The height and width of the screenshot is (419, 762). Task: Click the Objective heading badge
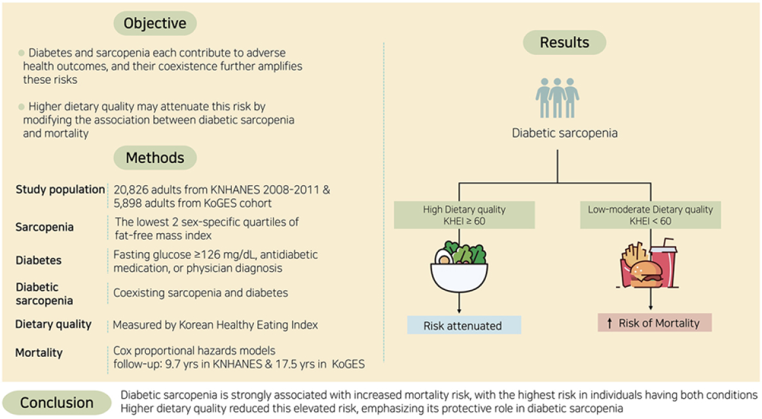pyautogui.click(x=155, y=23)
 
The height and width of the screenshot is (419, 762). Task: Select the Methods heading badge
pyautogui.click(x=155, y=158)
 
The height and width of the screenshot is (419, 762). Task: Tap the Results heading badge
pyautogui.click(x=564, y=43)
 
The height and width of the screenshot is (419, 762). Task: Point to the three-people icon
pyautogui.click(x=557, y=98)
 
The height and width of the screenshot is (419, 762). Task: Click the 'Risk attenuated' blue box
pyautogui.click(x=463, y=325)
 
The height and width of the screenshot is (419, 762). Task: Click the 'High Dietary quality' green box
pyautogui.click(x=463, y=215)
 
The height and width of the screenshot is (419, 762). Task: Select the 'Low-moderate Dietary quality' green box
pyautogui.click(x=650, y=215)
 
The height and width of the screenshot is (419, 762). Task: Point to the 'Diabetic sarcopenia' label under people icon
pyautogui.click(x=564, y=134)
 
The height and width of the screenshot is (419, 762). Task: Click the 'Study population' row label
pyautogui.click(x=60, y=190)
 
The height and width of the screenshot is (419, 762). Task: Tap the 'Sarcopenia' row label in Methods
pyautogui.click(x=45, y=228)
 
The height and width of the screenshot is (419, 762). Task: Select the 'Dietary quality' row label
pyautogui.click(x=54, y=325)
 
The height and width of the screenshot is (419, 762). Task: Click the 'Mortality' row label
pyautogui.click(x=39, y=353)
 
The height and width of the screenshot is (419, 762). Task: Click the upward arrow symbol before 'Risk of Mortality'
pyautogui.click(x=609, y=323)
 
